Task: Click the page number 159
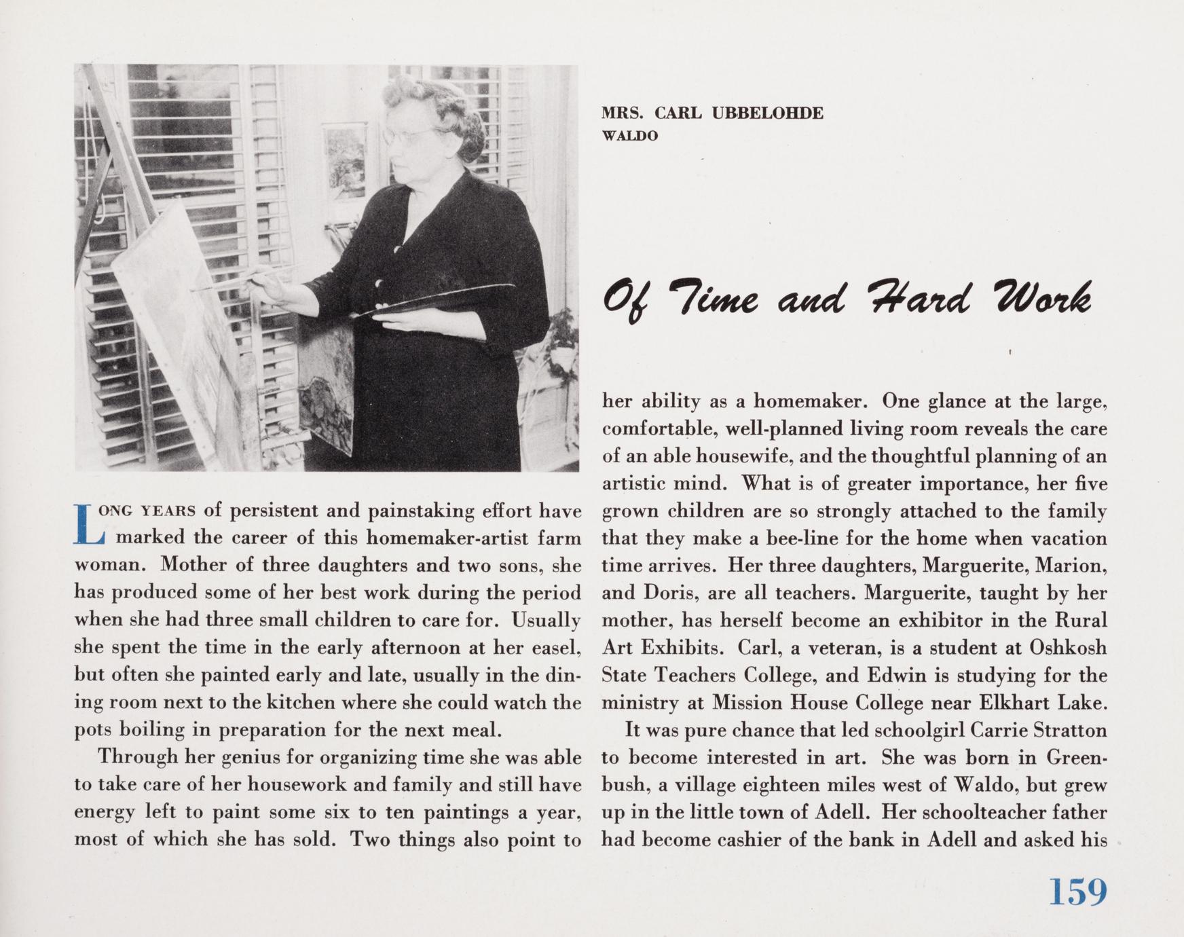click(1077, 893)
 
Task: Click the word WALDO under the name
click(630, 136)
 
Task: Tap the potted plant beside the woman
click(559, 333)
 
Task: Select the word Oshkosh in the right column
click(1068, 648)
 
